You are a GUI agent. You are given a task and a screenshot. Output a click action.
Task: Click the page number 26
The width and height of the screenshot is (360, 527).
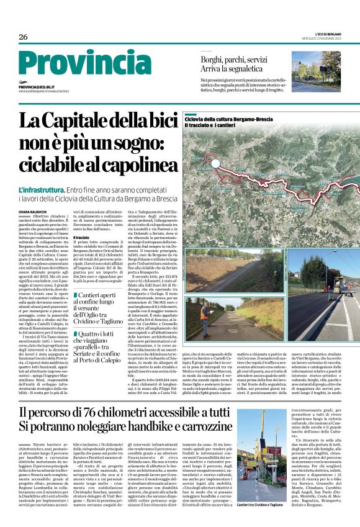[23, 37]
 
